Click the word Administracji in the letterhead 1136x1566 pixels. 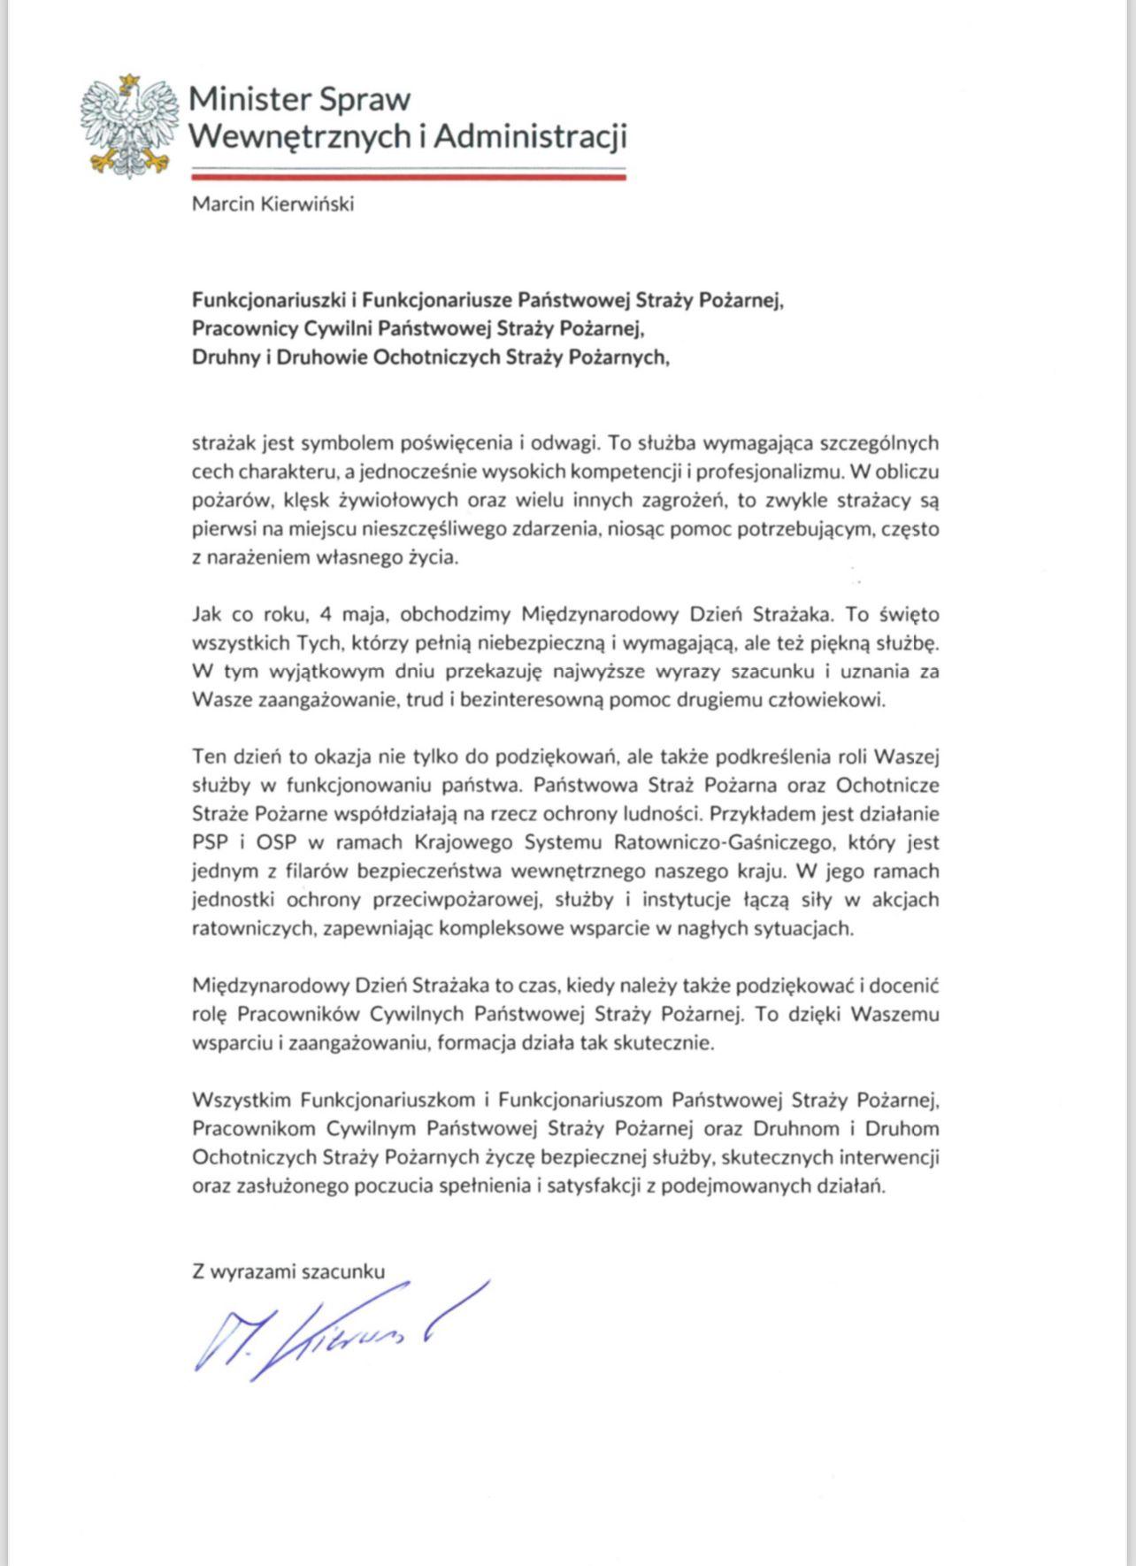530,136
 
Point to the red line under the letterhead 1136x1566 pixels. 409,177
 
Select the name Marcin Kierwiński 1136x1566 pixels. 273,204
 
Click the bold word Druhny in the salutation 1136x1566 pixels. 226,357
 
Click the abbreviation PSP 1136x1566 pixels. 210,842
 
